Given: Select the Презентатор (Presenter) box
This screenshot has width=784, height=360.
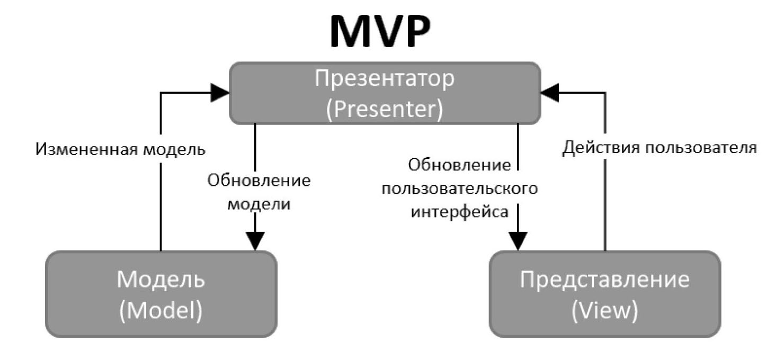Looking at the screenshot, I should pos(385,93).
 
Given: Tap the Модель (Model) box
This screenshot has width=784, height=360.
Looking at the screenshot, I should pos(161,294).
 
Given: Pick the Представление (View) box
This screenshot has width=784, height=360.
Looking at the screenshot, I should pos(604,294).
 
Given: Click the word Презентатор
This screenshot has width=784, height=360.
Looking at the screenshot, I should pos(385,79).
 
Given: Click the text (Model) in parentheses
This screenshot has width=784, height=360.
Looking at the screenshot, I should pos(161,311).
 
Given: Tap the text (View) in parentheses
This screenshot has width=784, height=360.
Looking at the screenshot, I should pos(604,311).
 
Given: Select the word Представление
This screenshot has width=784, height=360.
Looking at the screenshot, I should pos(604,279).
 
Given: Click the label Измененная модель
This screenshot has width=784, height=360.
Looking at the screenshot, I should pos(120,149).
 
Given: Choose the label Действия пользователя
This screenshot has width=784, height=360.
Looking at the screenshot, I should pos(660,148).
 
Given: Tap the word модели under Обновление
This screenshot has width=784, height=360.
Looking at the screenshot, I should pos(259,204).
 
